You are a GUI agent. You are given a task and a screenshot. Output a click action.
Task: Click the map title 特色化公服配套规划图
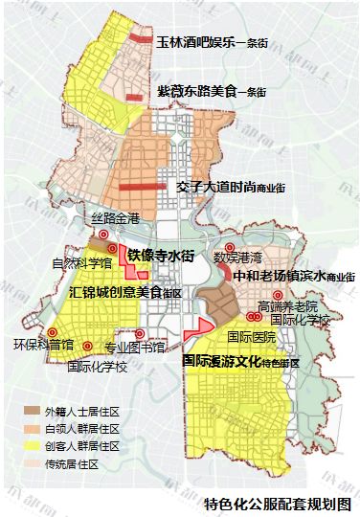tap(277, 503)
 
